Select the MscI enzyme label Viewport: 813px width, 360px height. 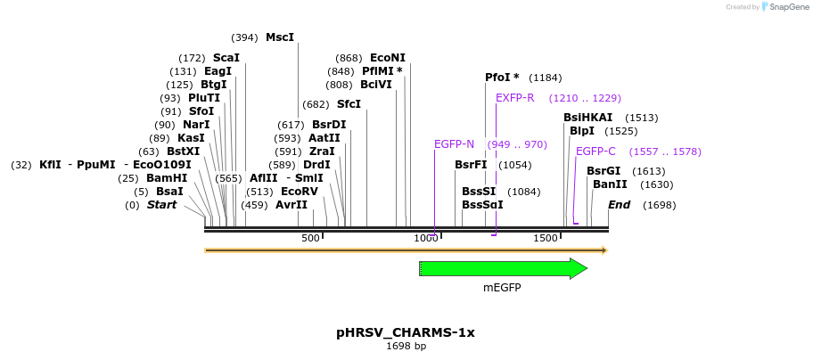coord(279,37)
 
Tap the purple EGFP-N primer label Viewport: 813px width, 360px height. coord(454,144)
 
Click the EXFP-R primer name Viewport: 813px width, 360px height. coord(514,98)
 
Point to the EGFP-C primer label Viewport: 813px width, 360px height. coord(595,151)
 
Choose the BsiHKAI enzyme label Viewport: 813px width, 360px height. coord(587,118)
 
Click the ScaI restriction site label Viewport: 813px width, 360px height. coord(226,58)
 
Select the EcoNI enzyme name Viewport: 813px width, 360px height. coord(387,58)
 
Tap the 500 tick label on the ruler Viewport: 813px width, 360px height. coord(310,239)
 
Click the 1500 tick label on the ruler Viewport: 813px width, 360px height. coord(546,239)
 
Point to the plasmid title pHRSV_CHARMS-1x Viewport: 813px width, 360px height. coord(406,332)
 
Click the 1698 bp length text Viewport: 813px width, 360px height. coord(406,347)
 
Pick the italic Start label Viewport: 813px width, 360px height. coord(161,205)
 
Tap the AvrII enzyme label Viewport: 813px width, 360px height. coord(292,205)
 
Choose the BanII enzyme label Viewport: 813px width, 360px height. coord(610,184)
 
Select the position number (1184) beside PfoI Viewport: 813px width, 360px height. coord(545,78)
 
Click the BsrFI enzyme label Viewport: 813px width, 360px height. coord(471,165)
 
